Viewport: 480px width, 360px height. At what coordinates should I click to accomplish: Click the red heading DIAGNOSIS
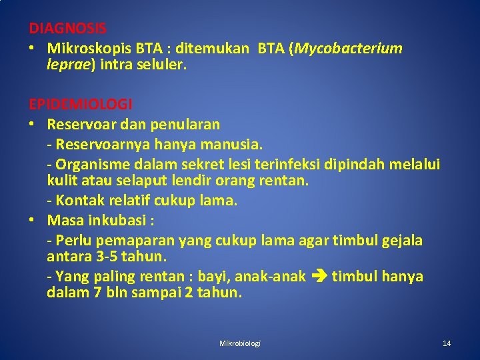point(67,29)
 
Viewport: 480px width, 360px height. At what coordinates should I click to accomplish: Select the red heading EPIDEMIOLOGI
point(81,105)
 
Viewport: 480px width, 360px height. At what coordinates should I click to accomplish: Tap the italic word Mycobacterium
point(349,48)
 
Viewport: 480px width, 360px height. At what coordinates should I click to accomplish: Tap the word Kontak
point(77,200)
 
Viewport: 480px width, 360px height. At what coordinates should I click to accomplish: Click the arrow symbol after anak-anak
point(319,276)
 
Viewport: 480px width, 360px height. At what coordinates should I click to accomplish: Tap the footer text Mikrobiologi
point(240,343)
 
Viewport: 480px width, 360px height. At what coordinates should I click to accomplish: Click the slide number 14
point(447,343)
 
